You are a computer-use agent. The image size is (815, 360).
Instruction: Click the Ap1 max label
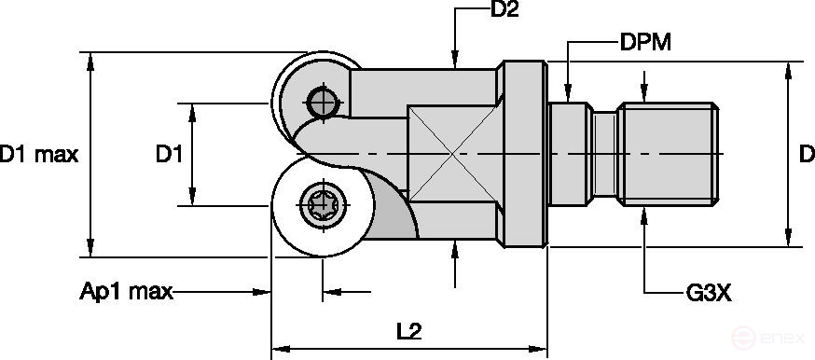(x=127, y=293)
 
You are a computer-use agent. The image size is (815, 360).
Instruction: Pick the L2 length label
(x=408, y=330)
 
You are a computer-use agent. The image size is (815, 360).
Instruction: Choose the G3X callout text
(x=708, y=293)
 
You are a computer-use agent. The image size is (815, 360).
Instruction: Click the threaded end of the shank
(x=671, y=154)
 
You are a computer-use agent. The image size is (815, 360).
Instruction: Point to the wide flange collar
(x=522, y=154)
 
